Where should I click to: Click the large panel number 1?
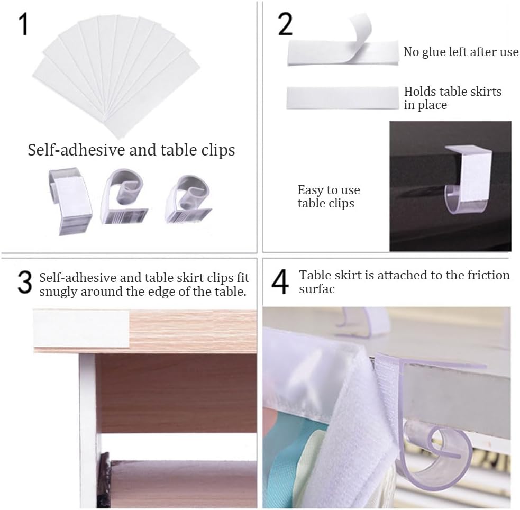24,24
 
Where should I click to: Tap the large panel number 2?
285,24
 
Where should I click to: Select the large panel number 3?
24,282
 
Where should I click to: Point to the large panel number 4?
280,282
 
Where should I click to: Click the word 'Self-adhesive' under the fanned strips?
76,150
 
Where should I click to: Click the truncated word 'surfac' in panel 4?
317,289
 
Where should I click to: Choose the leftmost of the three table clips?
70,201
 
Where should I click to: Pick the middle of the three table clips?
124,196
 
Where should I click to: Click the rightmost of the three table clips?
188,199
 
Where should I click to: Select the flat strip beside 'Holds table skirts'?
343,98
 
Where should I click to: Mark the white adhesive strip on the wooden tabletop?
81,329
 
